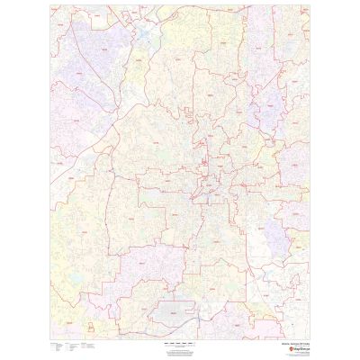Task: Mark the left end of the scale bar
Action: [156, 343]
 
